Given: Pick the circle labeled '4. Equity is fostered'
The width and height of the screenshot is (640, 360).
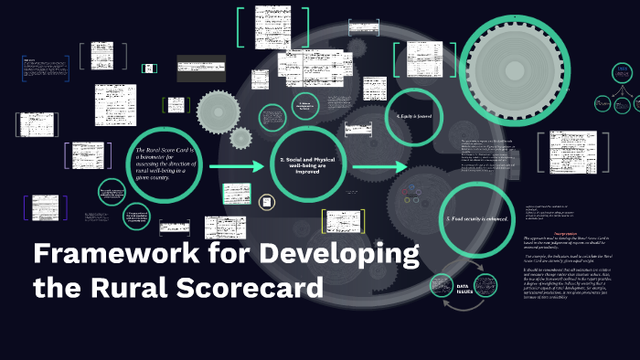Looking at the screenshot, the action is [414, 116].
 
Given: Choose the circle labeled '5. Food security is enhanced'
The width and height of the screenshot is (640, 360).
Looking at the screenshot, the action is [479, 219].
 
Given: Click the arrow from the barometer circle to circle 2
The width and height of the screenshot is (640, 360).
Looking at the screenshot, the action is [239, 167].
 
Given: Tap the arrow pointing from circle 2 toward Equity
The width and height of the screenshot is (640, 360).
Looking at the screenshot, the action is [379, 167].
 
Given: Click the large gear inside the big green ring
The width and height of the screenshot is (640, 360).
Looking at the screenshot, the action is [527, 68].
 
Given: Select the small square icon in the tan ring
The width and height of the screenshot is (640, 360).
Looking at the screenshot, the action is [267, 201].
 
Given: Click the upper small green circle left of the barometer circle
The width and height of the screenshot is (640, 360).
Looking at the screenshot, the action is [112, 193].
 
